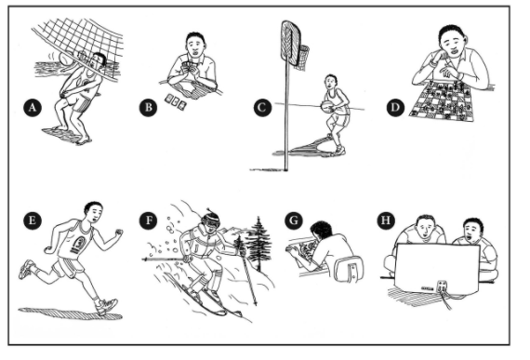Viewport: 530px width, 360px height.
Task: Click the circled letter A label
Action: pos(33,108)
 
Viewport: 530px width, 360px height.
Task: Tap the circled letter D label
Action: pos(395,108)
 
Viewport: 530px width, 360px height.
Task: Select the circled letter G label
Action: pos(294,220)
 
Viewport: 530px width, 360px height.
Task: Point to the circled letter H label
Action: pos(386,220)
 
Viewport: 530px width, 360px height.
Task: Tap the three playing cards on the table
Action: pos(176,101)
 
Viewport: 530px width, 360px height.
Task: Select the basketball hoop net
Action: pos(302,58)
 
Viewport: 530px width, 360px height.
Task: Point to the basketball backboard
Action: pos(291,44)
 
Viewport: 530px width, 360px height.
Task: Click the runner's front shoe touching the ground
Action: pos(107,307)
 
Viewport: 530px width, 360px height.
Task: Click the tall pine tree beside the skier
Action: pos(258,244)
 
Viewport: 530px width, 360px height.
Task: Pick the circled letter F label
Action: pos(149,220)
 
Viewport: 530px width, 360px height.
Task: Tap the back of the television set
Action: pos(438,270)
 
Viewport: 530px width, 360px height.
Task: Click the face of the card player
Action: pos(195,48)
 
